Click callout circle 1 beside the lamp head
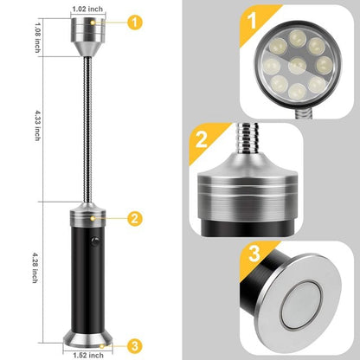134,22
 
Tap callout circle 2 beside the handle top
134,219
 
